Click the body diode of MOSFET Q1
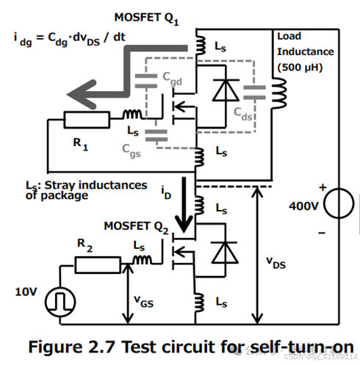219,90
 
